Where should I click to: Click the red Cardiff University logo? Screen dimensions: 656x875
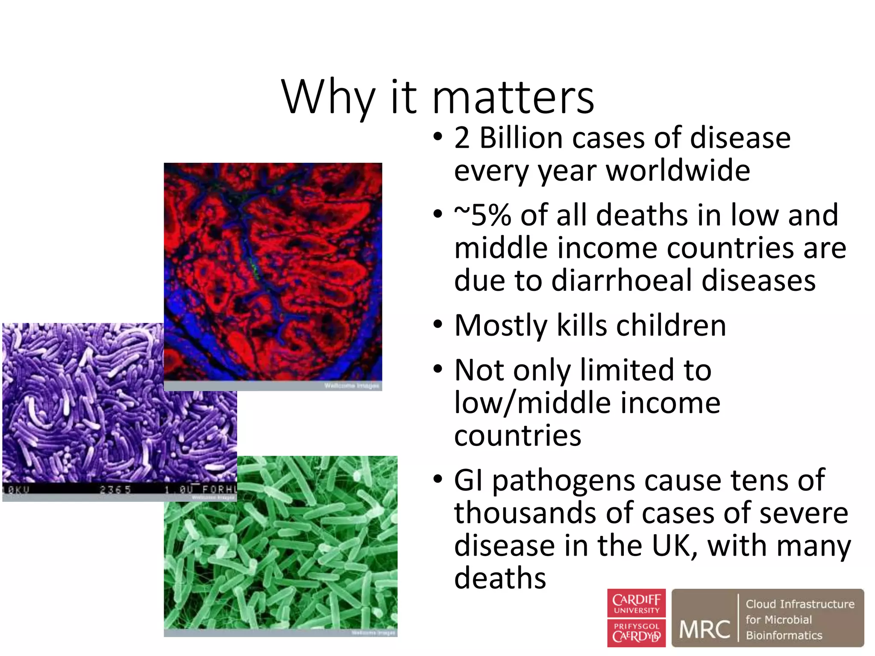pyautogui.click(x=636, y=618)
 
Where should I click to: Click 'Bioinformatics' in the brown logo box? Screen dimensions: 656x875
pyautogui.click(x=784, y=635)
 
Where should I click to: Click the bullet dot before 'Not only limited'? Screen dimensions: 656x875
pyautogui.click(x=437, y=369)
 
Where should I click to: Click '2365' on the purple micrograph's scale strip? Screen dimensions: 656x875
pyautogui.click(x=115, y=489)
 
